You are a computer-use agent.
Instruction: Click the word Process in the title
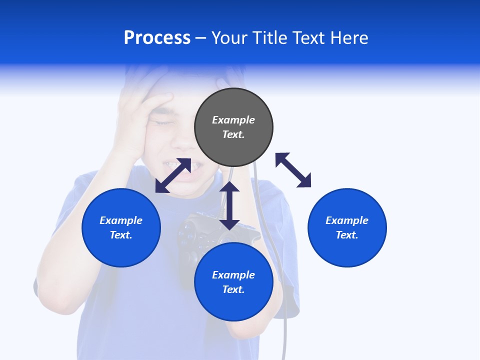[157, 38]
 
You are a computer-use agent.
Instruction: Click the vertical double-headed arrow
[229, 205]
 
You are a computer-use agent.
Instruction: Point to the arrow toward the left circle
[173, 175]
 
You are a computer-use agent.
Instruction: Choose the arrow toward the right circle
[293, 170]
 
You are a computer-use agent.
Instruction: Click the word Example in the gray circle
[233, 120]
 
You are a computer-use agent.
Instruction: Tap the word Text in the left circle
[121, 235]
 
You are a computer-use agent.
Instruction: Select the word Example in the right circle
[347, 220]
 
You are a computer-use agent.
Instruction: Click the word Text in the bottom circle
[233, 289]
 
